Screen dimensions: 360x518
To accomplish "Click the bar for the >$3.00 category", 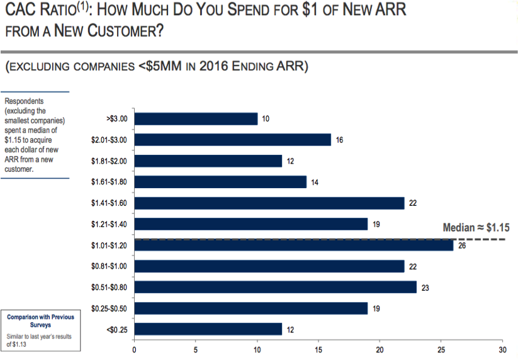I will click(196, 119).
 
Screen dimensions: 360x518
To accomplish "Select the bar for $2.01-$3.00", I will click(232, 140).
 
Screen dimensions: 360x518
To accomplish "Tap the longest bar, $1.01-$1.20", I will click(294, 245).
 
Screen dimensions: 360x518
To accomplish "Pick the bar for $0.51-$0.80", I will click(276, 287).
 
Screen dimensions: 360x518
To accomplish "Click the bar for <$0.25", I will click(208, 329).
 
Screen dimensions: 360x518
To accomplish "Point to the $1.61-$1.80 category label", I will click(109, 182).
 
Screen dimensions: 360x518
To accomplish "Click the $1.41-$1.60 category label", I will click(109, 203).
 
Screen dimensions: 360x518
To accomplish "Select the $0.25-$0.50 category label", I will click(109, 308).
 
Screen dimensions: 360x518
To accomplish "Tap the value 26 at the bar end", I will click(461, 246).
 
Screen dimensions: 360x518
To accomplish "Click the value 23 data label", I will click(425, 288).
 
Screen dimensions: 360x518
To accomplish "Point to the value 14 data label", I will click(315, 183).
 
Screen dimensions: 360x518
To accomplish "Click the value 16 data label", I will click(339, 140).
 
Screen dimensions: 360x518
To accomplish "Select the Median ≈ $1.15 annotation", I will click(476, 227).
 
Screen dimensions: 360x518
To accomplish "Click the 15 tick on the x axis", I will click(318, 351).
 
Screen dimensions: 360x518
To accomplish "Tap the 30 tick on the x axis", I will click(502, 351).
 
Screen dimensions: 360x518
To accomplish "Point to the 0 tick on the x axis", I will click(134, 351).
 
